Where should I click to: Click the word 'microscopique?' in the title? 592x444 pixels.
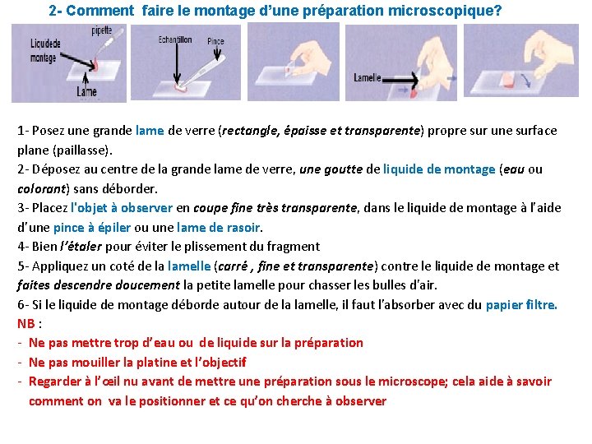445,11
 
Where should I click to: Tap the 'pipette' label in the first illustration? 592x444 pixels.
102,30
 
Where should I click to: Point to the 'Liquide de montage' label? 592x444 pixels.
45,51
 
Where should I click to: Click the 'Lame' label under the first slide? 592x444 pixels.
86,92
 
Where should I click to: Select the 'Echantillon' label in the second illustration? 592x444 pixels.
175,39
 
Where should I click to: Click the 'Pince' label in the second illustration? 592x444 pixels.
215,41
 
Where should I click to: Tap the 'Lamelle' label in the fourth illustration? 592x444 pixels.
367,78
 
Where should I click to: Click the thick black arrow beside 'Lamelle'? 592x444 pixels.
400,80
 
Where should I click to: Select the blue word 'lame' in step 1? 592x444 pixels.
150,131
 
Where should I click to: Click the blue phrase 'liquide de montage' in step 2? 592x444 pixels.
439,169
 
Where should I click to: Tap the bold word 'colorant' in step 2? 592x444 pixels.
42,189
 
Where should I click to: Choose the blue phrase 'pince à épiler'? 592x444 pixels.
92,228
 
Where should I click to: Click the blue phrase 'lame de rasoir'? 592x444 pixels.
218,228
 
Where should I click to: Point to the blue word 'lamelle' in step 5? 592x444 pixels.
189,266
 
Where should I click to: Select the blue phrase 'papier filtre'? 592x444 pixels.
520,305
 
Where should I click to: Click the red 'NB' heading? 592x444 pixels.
26,324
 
